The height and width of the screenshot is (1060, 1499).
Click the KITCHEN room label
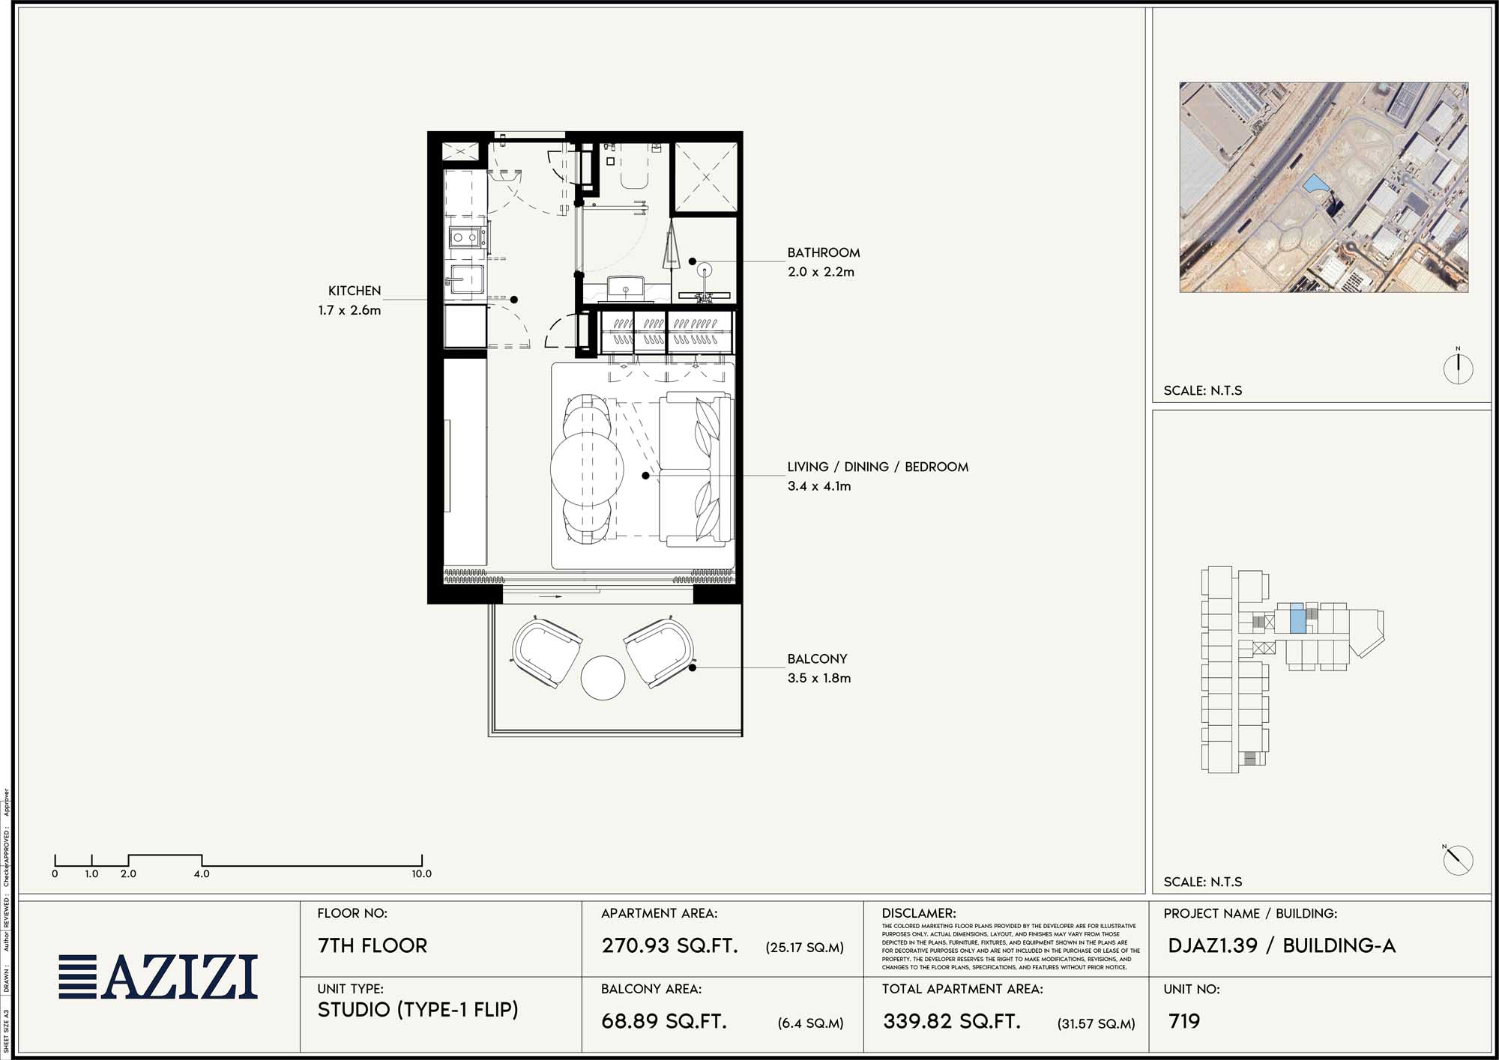(355, 291)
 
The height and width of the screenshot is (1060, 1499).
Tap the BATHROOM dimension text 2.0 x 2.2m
(821, 272)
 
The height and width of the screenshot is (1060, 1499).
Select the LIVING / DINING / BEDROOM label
(878, 467)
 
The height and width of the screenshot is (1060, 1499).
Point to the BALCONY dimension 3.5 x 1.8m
(818, 678)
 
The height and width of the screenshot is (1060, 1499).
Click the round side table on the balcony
(603, 678)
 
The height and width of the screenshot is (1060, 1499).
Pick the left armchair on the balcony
(546, 651)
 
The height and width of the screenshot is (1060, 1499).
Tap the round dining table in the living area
(587, 469)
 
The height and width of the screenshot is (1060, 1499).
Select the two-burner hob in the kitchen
(465, 238)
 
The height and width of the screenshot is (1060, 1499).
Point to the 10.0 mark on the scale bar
(421, 873)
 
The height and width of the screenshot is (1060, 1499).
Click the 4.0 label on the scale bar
(202, 873)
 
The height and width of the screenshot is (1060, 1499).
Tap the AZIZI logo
(159, 977)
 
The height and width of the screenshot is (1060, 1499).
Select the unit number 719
(1184, 1021)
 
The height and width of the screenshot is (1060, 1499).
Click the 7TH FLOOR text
(373, 945)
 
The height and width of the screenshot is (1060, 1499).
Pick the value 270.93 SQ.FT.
(669, 945)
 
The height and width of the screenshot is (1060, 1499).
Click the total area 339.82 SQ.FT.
(952, 1021)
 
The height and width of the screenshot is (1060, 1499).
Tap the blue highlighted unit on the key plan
(1297, 620)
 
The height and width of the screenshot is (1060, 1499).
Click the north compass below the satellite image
(1458, 368)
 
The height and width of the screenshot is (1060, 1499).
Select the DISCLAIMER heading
(919, 913)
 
